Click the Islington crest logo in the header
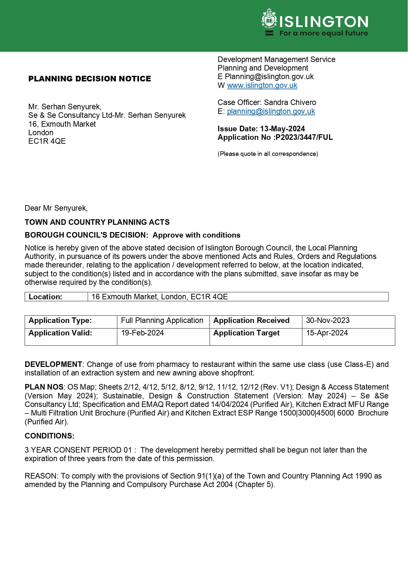[269, 19]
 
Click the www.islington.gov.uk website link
[262, 85]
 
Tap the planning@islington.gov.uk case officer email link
[271, 111]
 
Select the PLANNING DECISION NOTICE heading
[89, 79]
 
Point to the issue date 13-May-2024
[282, 129]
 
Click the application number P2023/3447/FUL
[304, 137]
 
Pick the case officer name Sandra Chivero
[290, 102]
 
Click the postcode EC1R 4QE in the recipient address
[47, 141]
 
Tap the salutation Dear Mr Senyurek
[56, 208]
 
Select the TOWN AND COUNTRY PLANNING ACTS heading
[97, 222]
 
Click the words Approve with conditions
[196, 235]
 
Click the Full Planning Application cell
[162, 320]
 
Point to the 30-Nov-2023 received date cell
[328, 320]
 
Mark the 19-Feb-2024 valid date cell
[142, 333]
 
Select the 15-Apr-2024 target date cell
[327, 333]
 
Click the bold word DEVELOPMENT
[53, 364]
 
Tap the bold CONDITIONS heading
[49, 436]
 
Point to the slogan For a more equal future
[324, 33]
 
